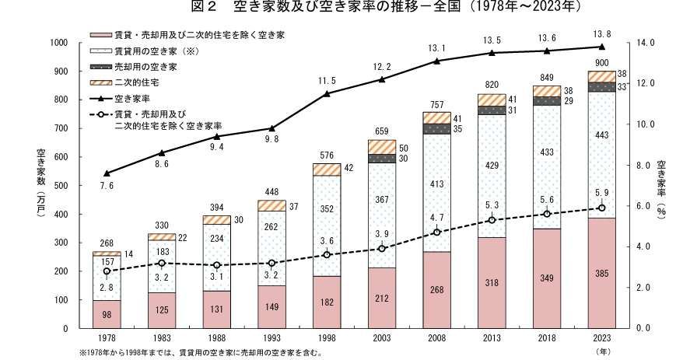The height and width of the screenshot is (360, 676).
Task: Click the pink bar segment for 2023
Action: (601, 273)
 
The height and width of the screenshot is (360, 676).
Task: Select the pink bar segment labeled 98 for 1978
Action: (106, 314)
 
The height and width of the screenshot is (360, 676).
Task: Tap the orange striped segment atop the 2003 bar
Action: (381, 147)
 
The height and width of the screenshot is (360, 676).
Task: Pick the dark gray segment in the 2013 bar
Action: (491, 110)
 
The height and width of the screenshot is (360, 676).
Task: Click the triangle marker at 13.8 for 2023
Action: (601, 47)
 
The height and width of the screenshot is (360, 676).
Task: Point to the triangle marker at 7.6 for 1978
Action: (107, 173)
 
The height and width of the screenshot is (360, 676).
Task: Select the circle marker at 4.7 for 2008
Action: (436, 232)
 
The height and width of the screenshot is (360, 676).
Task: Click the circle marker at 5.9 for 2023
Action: (601, 208)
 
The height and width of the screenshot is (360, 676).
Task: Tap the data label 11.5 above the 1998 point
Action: (327, 81)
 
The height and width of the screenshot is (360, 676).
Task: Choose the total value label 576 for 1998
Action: (327, 156)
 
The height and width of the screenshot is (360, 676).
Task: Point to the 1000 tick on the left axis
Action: (60, 43)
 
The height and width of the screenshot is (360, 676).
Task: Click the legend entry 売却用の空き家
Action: (144, 67)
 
